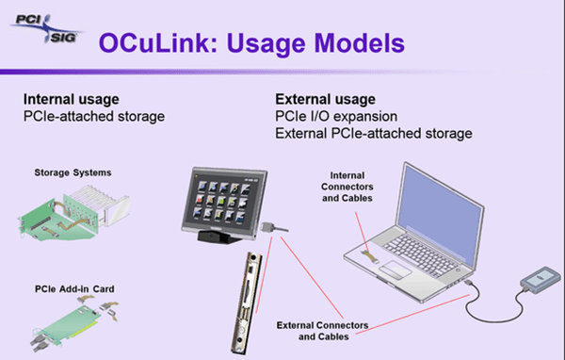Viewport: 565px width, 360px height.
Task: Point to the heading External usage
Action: (326, 99)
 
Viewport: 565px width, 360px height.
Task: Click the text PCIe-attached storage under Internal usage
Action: (94, 116)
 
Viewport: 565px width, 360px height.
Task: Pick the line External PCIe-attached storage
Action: (373, 133)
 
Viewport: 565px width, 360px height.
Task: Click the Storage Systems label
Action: (73, 172)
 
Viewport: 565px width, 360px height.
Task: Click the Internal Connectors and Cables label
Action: (349, 187)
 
